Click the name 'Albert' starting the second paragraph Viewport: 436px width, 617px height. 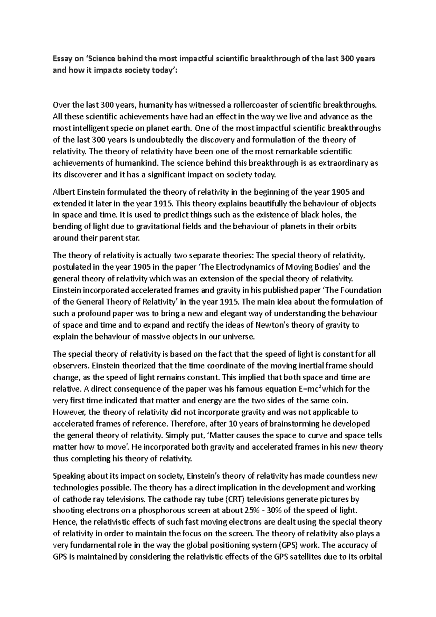(x=63, y=192)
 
